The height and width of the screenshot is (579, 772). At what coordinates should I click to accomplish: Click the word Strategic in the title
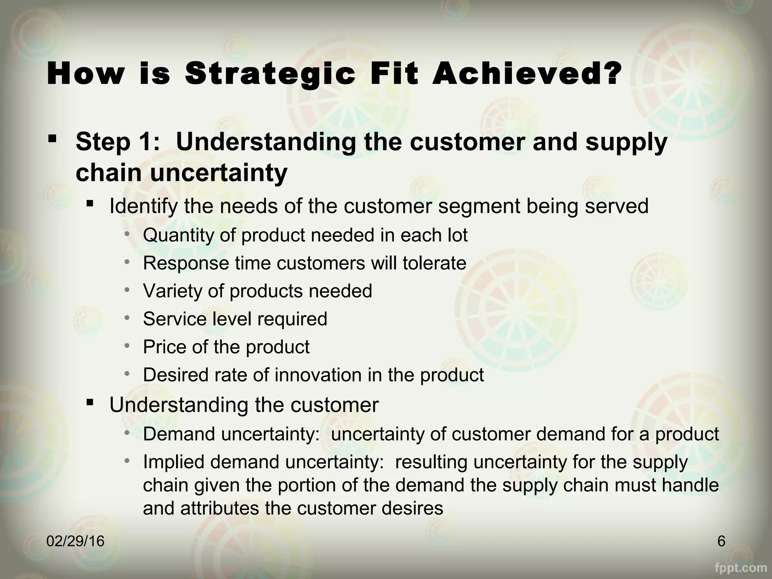click(270, 75)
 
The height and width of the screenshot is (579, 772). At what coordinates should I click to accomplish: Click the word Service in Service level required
click(175, 319)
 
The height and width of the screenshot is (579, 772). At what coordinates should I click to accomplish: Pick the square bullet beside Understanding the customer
click(89, 402)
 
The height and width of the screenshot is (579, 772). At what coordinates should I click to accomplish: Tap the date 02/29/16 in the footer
click(75, 541)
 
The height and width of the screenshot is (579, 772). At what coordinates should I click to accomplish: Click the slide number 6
click(721, 541)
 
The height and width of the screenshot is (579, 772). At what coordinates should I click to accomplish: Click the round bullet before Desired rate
click(127, 374)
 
